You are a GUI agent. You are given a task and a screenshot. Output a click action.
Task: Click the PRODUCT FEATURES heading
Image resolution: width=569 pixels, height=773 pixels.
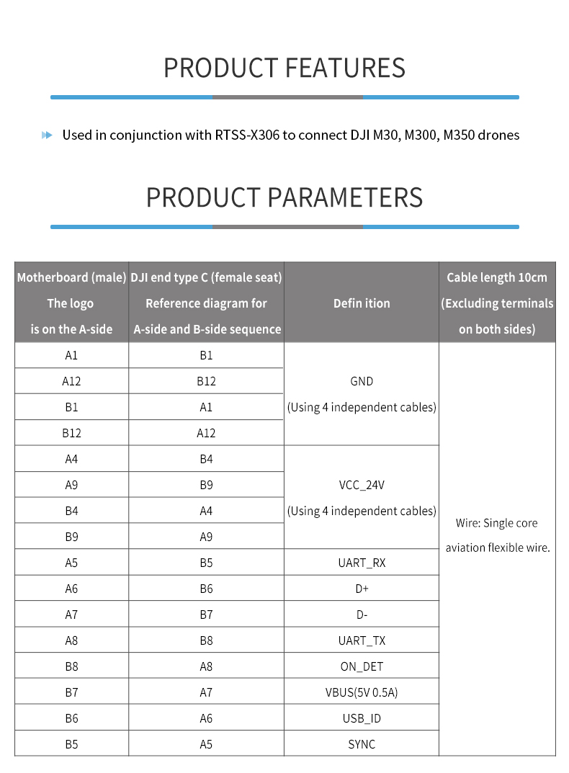tap(284, 68)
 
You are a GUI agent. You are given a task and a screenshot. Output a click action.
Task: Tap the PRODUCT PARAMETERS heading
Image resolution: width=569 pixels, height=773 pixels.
tap(284, 197)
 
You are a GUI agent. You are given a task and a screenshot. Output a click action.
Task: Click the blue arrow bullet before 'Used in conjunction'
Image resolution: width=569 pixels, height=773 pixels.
tap(48, 135)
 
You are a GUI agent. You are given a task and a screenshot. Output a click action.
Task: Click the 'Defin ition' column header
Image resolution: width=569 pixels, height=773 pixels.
tap(362, 303)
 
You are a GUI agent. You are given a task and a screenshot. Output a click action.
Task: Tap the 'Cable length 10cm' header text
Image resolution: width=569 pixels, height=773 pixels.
tap(497, 277)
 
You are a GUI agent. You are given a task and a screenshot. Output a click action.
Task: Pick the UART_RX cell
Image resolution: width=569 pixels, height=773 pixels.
tap(362, 563)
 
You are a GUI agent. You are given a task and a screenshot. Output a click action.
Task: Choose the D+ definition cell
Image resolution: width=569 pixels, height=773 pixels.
tap(362, 589)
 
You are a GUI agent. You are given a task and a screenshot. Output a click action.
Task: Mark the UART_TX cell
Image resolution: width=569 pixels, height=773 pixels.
tap(362, 640)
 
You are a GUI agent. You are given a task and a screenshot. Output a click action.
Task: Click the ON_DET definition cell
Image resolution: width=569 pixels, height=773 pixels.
tap(362, 666)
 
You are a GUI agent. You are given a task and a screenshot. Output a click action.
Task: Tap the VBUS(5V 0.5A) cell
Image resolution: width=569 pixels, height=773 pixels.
tap(362, 692)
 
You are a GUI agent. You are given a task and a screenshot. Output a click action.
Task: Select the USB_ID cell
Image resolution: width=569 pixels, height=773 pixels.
tap(362, 718)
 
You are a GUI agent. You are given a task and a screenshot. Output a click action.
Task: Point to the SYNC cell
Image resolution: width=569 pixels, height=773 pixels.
tap(362, 744)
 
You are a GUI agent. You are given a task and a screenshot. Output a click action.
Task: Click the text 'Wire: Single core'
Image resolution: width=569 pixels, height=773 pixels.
tap(497, 523)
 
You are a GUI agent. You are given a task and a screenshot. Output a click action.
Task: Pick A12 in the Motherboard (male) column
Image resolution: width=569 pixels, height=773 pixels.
tap(71, 381)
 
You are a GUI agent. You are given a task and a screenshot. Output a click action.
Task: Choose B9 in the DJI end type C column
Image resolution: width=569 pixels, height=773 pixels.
tap(206, 485)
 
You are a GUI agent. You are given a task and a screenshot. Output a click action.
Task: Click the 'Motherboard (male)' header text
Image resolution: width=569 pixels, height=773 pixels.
tap(71, 277)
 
